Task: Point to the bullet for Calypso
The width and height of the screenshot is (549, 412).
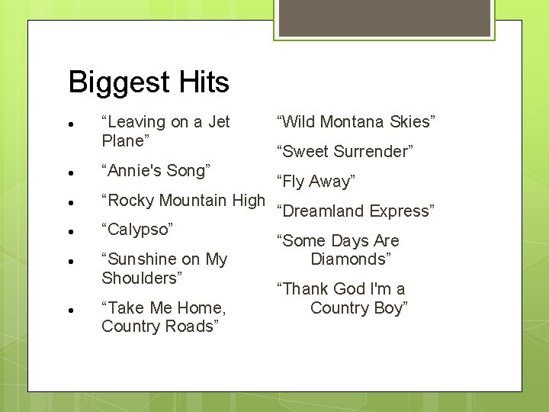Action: (69, 230)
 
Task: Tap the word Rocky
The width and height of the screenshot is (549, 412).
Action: (131, 201)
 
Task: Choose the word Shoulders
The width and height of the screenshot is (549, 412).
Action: (142, 278)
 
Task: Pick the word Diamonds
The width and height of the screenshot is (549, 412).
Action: (351, 259)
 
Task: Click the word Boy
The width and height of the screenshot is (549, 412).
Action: (392, 307)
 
